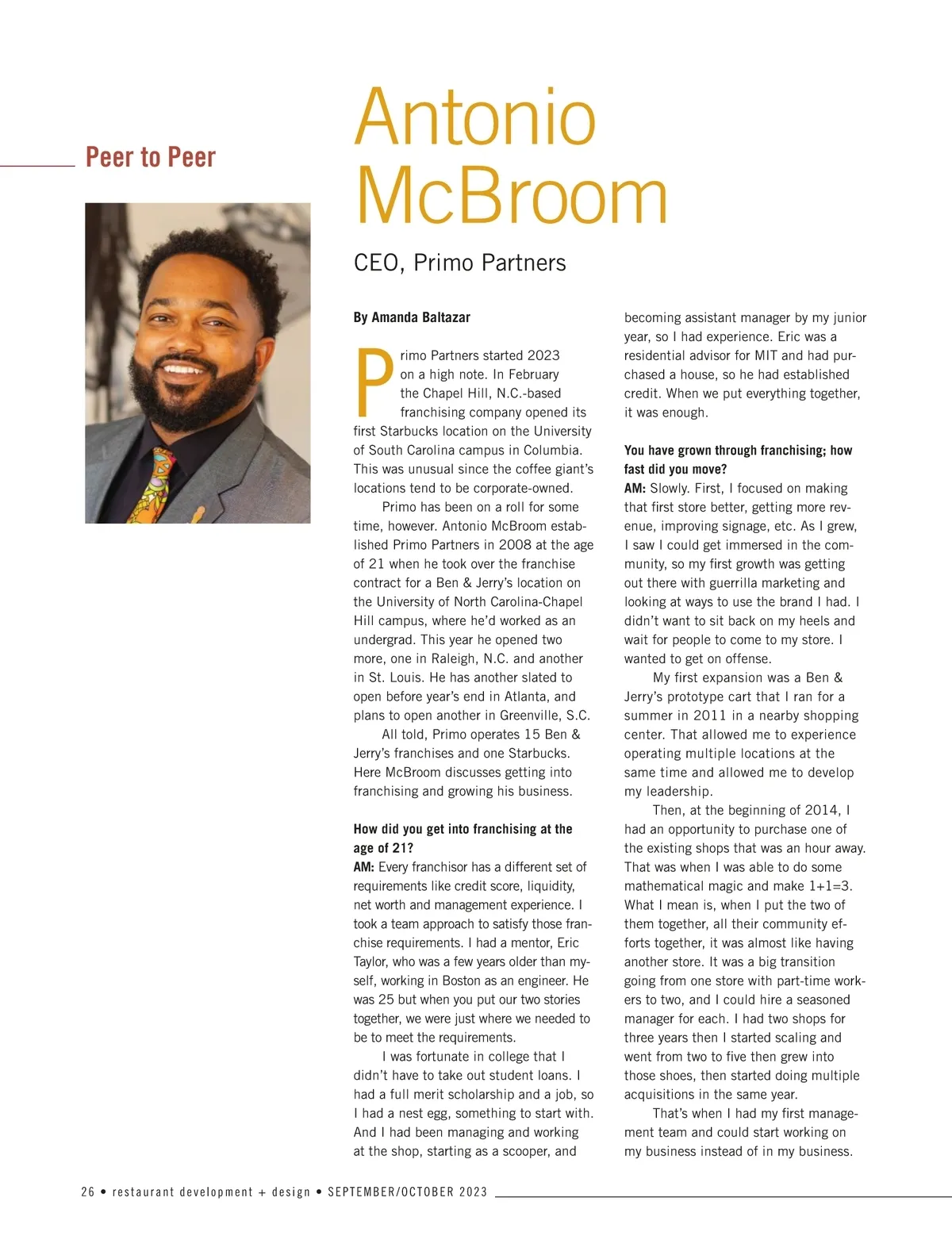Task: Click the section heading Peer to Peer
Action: (x=150, y=157)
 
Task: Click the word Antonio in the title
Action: (x=474, y=119)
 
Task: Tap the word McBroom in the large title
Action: (x=512, y=196)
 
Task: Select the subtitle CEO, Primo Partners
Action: (x=459, y=263)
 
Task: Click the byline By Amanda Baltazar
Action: (x=412, y=317)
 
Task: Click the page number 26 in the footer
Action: (x=88, y=1192)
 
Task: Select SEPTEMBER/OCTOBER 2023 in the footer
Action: (x=408, y=1192)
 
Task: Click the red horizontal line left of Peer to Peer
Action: (x=37, y=166)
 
